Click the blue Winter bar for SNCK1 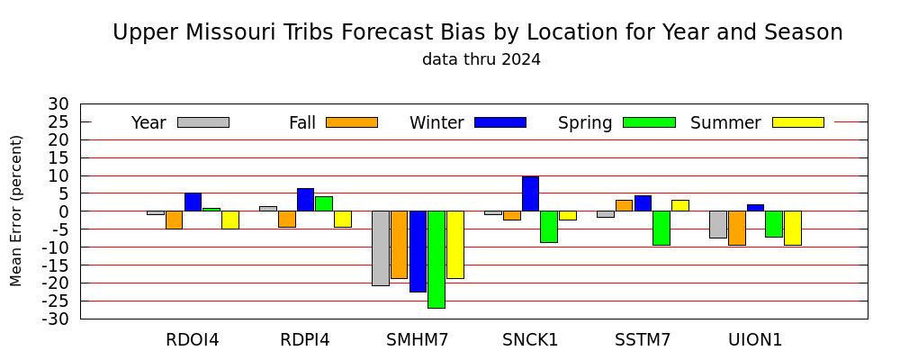[x=530, y=193]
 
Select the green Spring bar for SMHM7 [x=436, y=259]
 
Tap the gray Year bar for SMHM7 [x=381, y=248]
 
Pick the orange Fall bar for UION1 [x=737, y=228]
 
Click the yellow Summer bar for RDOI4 [x=230, y=220]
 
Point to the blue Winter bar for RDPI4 [x=305, y=200]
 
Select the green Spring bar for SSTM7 [x=661, y=228]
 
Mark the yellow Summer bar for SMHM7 [x=455, y=245]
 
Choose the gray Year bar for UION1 [x=718, y=224]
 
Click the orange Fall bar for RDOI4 [x=174, y=220]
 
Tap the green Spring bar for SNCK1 [x=549, y=227]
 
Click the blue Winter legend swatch [x=500, y=122]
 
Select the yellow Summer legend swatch [x=798, y=122]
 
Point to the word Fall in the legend [x=302, y=123]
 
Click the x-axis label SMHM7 [x=417, y=340]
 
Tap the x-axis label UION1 [x=755, y=340]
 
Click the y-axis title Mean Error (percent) [x=16, y=211]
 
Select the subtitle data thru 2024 [x=481, y=59]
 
